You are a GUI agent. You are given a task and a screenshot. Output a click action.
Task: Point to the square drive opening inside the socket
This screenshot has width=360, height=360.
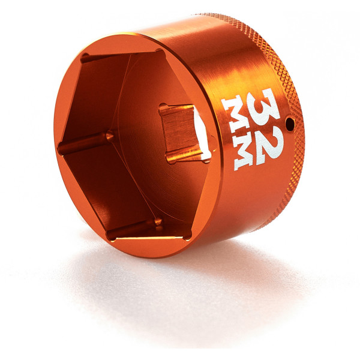[183, 132]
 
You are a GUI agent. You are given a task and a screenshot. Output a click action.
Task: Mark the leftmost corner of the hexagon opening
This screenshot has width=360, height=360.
[60, 147]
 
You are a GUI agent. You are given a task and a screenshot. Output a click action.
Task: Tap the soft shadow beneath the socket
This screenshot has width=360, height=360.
[198, 288]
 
